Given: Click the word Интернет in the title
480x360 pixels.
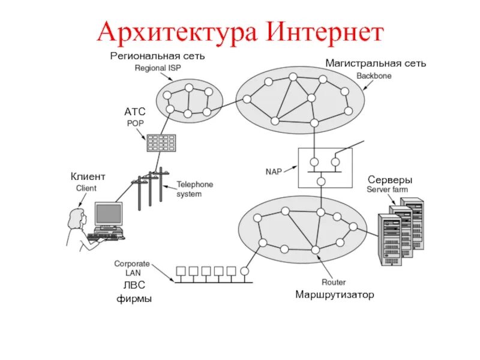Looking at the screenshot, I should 323,31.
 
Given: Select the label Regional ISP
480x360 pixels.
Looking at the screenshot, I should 157,68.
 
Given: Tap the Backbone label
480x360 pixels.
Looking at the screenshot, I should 374,76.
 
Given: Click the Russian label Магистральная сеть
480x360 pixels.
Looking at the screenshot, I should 376,63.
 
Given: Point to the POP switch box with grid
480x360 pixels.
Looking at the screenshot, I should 160,142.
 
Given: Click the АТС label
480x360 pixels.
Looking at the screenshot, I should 135,112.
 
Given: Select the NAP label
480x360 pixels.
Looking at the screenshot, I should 274,171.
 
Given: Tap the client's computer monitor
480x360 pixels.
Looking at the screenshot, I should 109,215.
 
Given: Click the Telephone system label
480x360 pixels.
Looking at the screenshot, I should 194,189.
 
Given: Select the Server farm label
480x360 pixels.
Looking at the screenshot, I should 387,190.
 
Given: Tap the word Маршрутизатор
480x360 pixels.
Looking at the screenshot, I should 334,295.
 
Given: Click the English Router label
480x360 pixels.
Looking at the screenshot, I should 334,282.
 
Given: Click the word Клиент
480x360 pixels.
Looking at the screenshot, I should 88,176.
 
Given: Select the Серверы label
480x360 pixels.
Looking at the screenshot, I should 390,179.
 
